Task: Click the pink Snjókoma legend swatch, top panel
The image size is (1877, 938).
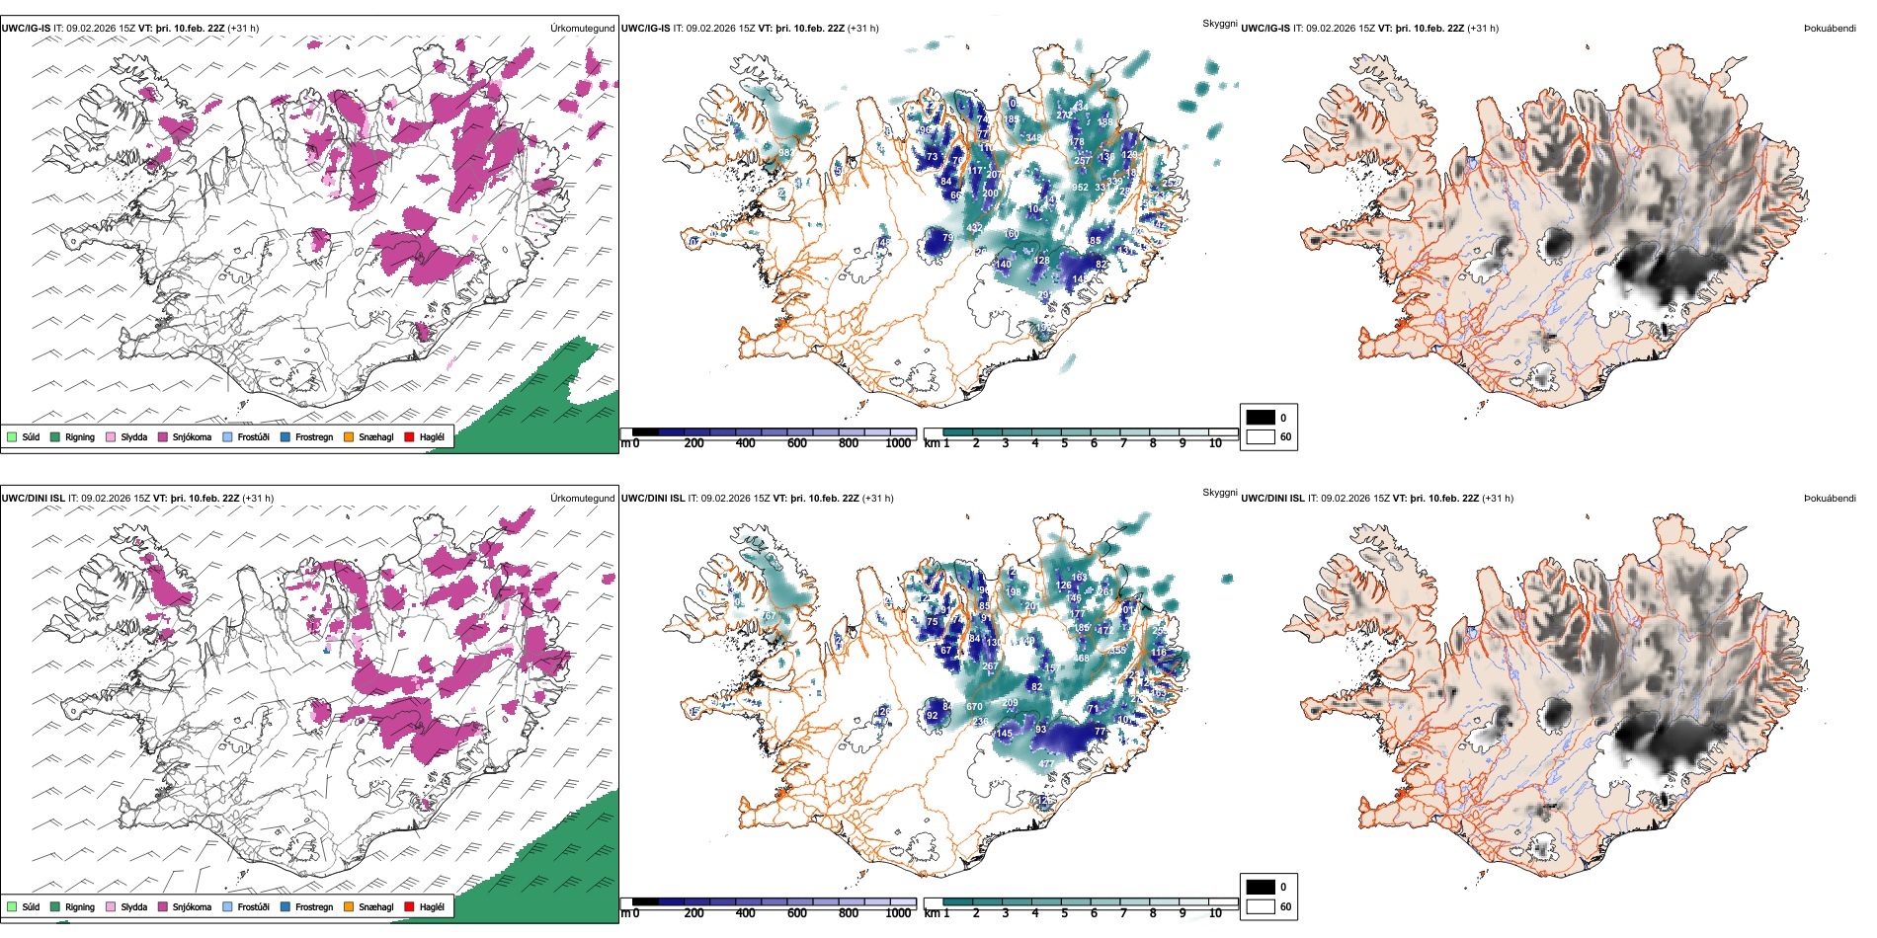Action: [x=163, y=436]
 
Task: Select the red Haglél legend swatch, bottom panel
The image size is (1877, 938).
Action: [x=409, y=906]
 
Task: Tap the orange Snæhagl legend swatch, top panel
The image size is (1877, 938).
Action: [x=349, y=436]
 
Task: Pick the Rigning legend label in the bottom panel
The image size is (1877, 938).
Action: [x=80, y=906]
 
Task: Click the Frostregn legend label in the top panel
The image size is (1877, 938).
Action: [x=314, y=436]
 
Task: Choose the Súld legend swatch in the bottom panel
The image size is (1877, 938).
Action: [x=12, y=906]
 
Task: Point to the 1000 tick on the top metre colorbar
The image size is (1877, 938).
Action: [x=898, y=443]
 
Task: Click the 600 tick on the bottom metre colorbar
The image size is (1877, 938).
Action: [x=797, y=913]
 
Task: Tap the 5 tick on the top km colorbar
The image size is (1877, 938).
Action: [x=1064, y=443]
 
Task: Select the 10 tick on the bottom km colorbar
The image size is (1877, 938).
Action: [x=1215, y=913]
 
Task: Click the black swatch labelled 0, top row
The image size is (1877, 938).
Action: [x=1261, y=418]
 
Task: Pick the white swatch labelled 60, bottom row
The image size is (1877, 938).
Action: [x=1261, y=906]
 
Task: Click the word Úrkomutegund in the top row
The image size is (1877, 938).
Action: [x=582, y=29]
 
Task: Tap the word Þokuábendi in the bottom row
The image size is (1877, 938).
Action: [x=1830, y=499]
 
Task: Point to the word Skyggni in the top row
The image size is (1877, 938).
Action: [x=1219, y=24]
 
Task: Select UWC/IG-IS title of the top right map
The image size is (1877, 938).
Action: [x=1265, y=29]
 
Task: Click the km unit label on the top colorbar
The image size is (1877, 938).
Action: [x=932, y=443]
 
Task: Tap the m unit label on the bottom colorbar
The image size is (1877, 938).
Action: [x=624, y=913]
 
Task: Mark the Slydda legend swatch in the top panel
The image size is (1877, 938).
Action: [x=111, y=436]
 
